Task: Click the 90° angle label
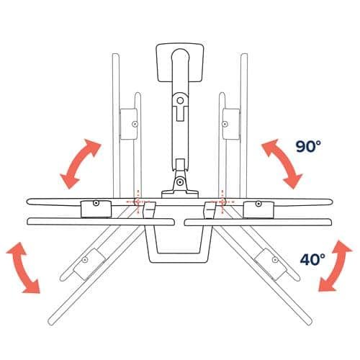(308, 146)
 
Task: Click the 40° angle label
(312, 259)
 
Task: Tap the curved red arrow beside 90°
(283, 163)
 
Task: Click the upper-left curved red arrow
(79, 163)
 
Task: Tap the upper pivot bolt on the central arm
(181, 100)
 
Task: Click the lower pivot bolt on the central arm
(179, 182)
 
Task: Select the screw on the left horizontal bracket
(96, 203)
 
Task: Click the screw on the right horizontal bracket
(258, 204)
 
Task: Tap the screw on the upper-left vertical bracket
(135, 124)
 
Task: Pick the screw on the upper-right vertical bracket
(225, 124)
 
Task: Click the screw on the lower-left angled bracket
(84, 260)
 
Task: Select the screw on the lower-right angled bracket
(275, 260)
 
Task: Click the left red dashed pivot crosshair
(138, 202)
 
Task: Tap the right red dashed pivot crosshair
(222, 202)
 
